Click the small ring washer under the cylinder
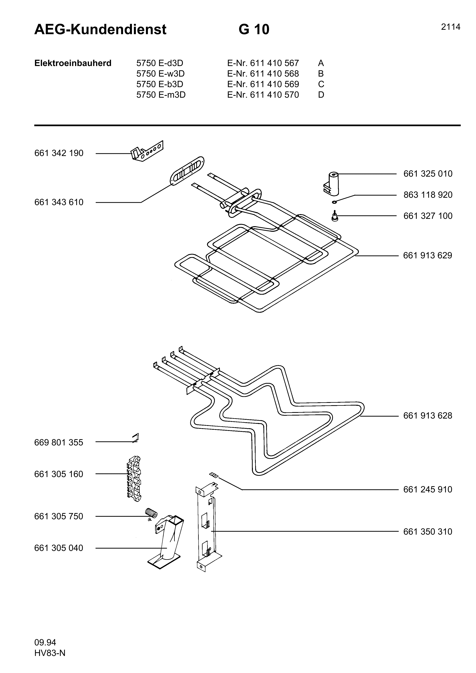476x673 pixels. pos(335,202)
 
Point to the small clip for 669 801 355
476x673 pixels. pos(136,438)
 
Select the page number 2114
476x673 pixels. pos(450,27)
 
